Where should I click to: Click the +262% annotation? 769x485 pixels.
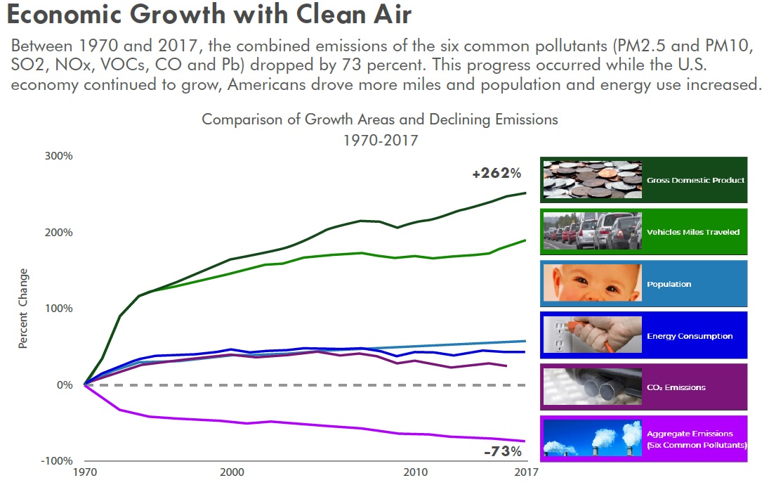497,173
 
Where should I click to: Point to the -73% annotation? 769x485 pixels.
503,451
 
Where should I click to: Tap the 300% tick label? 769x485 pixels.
59,156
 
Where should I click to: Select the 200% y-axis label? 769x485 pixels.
59,233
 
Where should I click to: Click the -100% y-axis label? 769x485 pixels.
56,460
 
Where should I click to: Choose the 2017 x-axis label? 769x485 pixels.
526,472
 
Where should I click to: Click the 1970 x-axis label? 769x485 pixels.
84,472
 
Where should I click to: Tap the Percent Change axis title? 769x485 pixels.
23,309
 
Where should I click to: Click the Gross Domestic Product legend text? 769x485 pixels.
695,180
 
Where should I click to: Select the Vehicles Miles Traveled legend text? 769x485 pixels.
693,232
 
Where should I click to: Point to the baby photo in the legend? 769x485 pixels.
592,284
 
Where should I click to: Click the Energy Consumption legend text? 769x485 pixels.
690,336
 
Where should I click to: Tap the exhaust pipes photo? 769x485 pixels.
592,387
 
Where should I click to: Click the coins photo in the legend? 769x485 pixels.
592,180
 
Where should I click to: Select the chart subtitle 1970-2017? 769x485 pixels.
380,140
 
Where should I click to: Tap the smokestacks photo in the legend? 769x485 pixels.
592,439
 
